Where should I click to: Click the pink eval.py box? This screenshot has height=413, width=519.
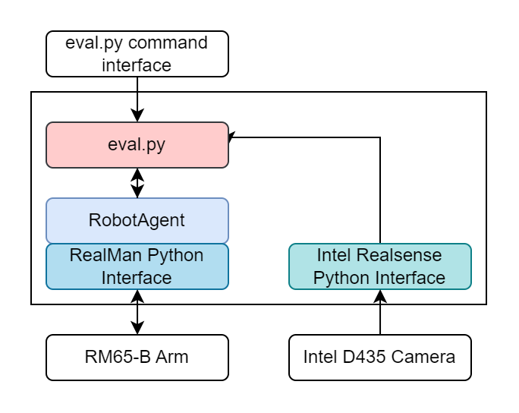[x=137, y=144]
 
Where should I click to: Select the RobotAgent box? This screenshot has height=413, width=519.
[x=137, y=220]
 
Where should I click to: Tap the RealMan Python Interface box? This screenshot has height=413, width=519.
[x=137, y=266]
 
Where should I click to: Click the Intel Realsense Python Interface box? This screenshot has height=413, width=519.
[x=379, y=266]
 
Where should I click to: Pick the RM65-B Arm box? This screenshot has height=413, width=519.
[x=137, y=357]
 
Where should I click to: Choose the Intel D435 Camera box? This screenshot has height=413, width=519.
[x=379, y=357]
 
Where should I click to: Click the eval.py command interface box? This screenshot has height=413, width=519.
[x=137, y=54]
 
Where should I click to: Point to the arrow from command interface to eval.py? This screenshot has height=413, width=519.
[x=137, y=99]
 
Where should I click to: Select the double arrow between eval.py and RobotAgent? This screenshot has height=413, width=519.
[x=137, y=183]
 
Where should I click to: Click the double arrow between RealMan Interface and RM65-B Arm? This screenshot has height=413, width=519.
[x=137, y=312]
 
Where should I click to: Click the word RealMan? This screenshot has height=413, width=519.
[x=99, y=256]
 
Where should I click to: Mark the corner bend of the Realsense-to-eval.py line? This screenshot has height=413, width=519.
[x=380, y=137]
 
